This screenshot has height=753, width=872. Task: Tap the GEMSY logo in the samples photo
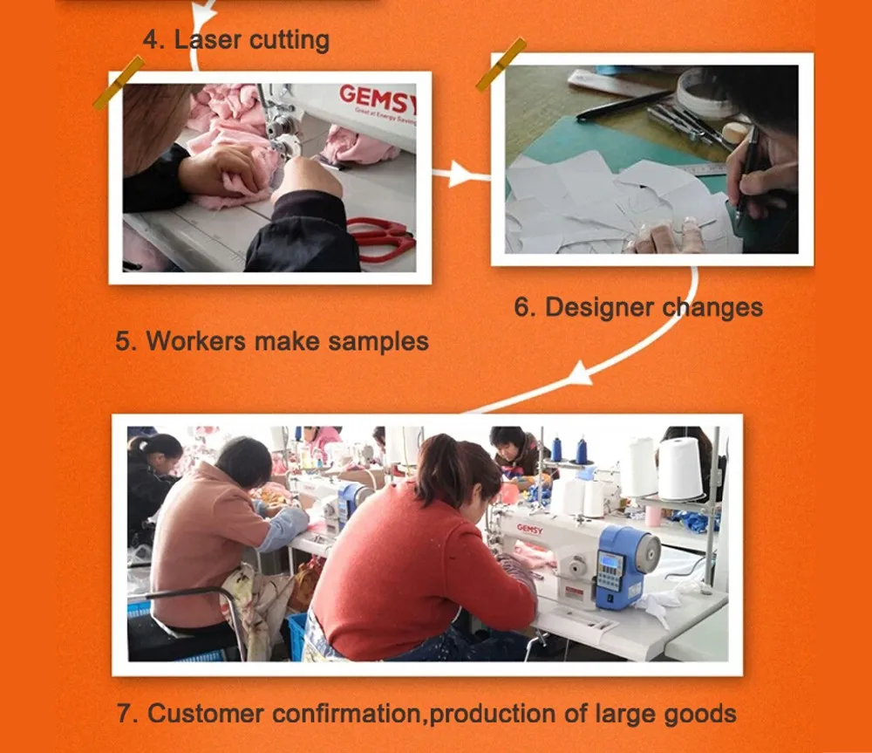click(x=376, y=96)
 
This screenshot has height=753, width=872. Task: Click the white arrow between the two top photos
click(x=461, y=176)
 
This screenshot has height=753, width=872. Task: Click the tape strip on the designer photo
click(x=501, y=64)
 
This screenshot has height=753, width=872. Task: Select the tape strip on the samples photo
click(x=119, y=82)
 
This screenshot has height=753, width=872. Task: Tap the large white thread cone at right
click(x=680, y=468)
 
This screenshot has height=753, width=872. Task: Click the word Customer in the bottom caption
click(x=206, y=714)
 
